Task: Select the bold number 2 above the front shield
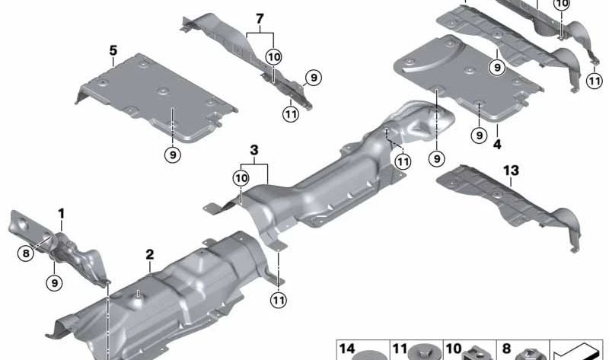click(150, 253)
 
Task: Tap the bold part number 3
click(253, 148)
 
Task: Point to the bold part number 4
click(496, 142)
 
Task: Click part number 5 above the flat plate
click(113, 51)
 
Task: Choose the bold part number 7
click(260, 18)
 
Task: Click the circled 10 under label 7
click(273, 57)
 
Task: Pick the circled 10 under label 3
click(241, 177)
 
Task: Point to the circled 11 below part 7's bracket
click(289, 115)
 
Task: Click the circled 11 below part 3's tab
click(279, 300)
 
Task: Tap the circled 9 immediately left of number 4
click(479, 135)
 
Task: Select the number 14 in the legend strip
click(346, 349)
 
